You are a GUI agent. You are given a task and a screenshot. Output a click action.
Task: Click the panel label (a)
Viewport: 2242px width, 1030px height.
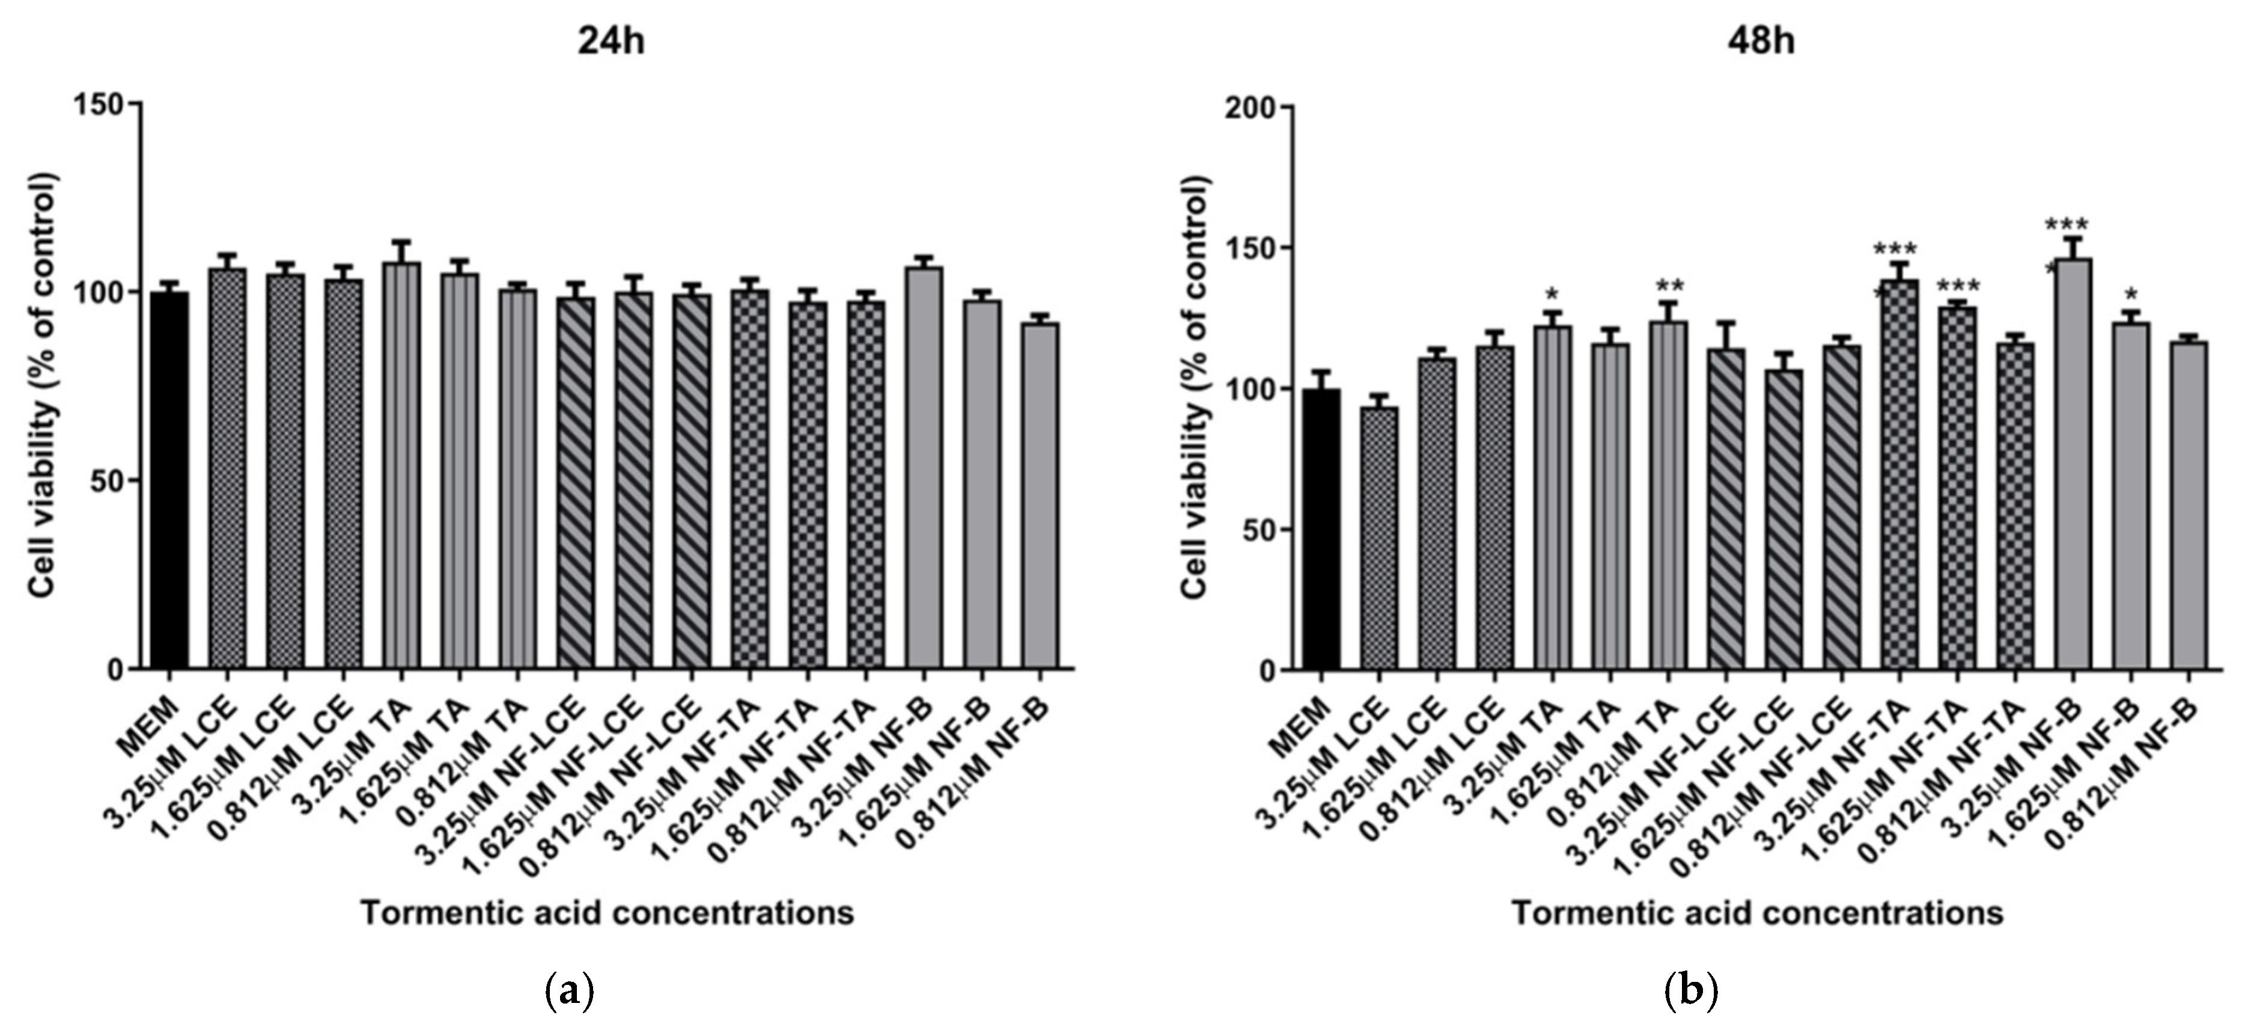[570, 991]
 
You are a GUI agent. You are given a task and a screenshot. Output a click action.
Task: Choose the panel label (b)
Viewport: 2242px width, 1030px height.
[1691, 991]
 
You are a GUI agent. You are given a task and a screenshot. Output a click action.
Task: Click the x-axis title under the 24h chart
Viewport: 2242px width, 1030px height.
[608, 913]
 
